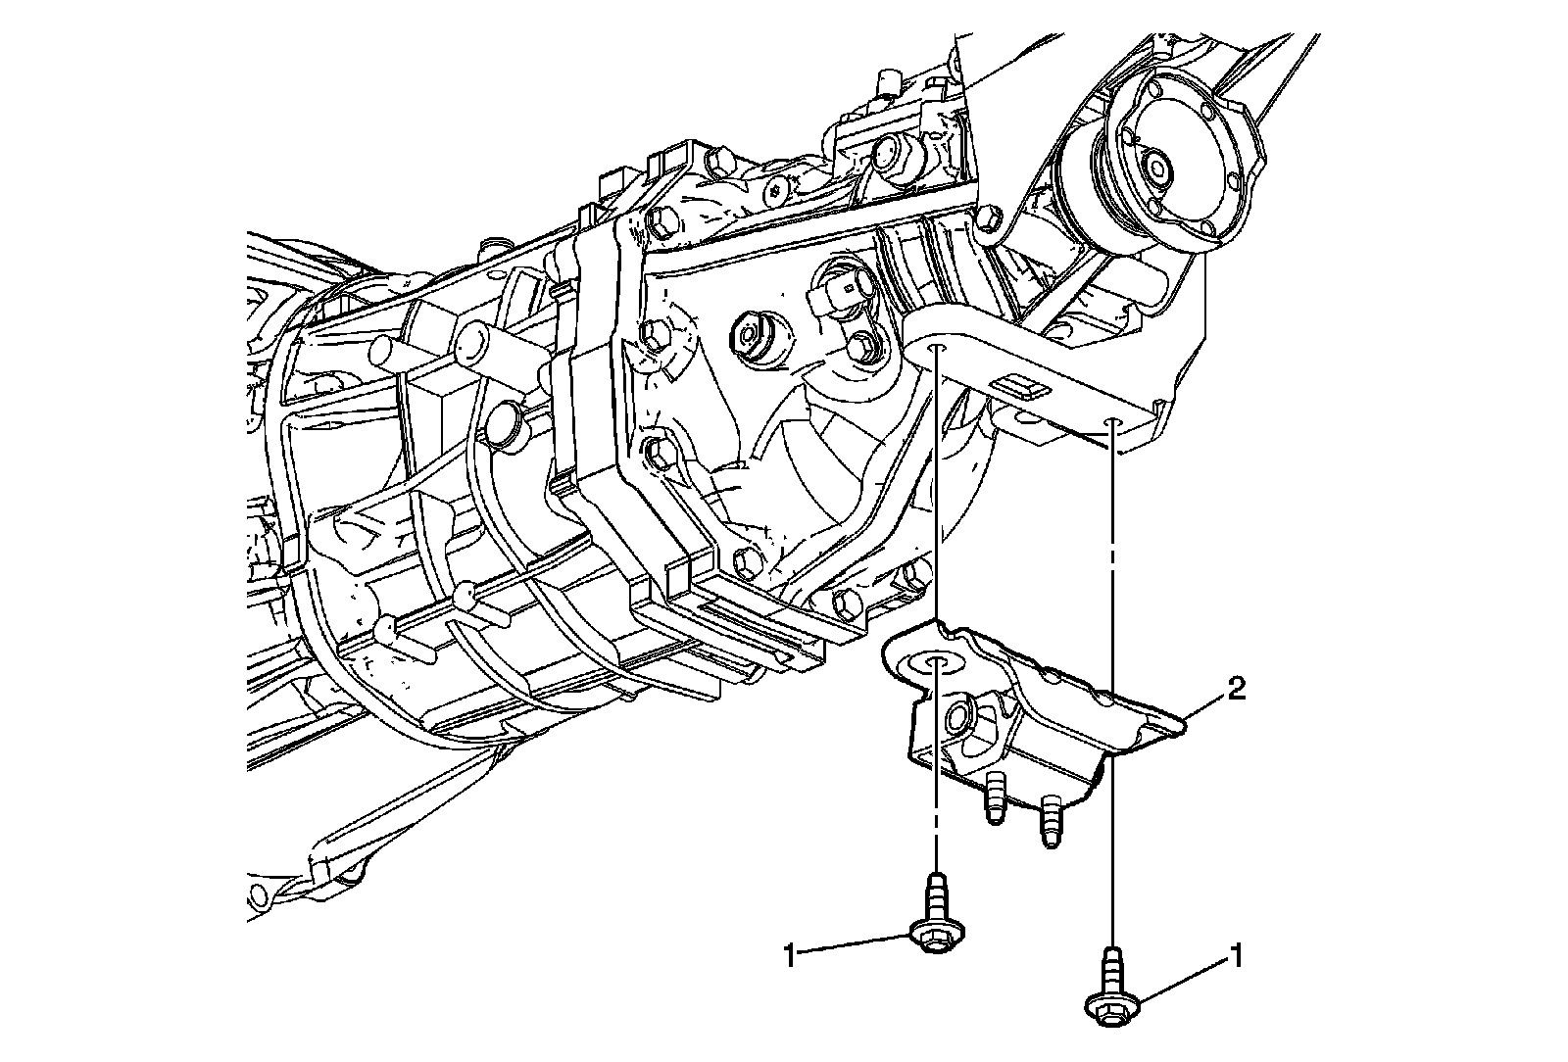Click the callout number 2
(1237, 691)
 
